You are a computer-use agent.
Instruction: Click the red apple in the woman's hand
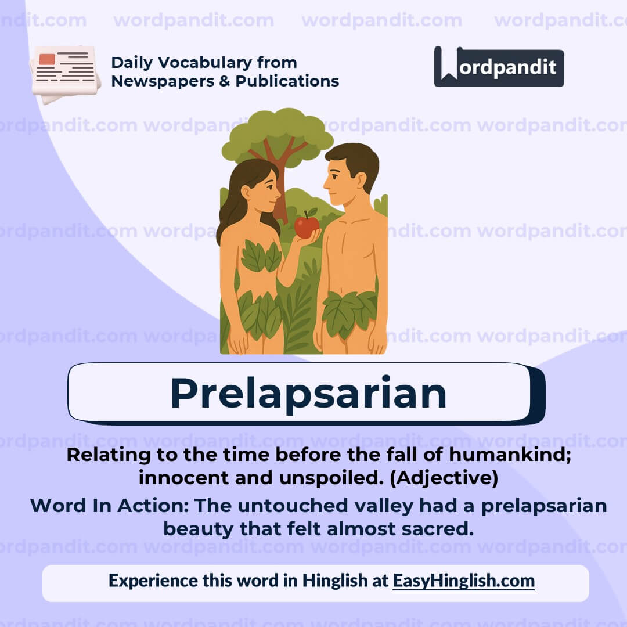tap(306, 226)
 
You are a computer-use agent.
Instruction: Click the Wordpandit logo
tap(499, 67)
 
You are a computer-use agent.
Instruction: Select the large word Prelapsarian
tap(308, 394)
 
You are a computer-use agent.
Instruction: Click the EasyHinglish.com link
tap(463, 581)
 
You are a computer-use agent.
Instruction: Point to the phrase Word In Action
tap(109, 505)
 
